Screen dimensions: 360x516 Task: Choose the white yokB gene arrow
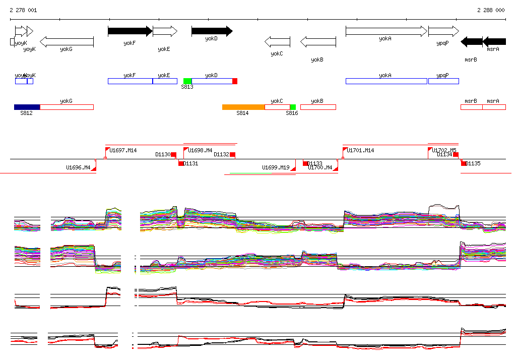318,42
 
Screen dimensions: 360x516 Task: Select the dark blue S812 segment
27,107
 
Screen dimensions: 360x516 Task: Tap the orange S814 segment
243,107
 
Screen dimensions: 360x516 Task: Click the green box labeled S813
187,81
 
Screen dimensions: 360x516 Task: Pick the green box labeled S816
293,107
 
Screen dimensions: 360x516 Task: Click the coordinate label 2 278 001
23,10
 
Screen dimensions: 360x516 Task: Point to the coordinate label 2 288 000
491,10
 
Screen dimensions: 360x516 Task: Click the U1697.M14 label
123,150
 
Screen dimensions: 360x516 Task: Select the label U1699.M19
276,167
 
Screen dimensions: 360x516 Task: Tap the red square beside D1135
464,163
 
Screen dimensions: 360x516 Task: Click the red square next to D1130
174,154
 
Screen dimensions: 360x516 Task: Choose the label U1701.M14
361,150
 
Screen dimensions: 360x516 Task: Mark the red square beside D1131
181,163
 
